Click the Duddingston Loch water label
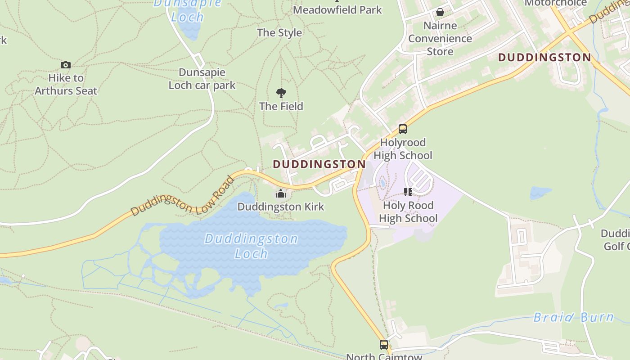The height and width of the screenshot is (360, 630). point(251,246)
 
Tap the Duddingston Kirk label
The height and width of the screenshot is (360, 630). point(281,207)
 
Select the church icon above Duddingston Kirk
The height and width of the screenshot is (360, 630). point(281,194)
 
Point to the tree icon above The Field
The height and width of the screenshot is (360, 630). point(281,93)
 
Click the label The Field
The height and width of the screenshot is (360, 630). point(281,106)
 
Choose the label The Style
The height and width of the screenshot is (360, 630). point(279,32)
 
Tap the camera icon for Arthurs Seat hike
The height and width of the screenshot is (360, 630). point(66,65)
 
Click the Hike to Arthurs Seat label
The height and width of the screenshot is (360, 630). point(66,84)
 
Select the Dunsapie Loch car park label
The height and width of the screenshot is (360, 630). point(202,78)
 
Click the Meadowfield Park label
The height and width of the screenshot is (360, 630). point(337,9)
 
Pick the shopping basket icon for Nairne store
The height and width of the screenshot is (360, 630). point(440,12)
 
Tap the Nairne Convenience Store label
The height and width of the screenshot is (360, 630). point(440,38)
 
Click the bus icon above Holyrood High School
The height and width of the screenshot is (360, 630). point(403,129)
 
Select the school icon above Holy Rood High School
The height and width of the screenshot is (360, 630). point(408,192)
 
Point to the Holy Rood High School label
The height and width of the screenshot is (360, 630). point(408,212)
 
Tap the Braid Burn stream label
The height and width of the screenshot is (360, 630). point(573,317)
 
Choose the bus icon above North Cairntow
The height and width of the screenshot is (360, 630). point(384,345)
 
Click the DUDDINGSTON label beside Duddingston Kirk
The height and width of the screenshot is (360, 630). point(319,164)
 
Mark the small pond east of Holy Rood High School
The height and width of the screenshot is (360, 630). point(540,193)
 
